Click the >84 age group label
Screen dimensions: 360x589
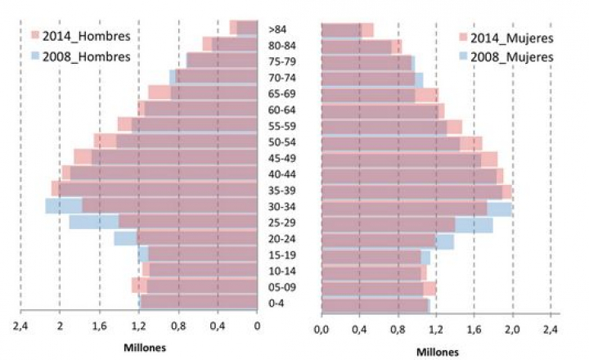[277, 29]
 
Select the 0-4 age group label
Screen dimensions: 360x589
[277, 304]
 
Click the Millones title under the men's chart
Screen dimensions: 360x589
[144, 348]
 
